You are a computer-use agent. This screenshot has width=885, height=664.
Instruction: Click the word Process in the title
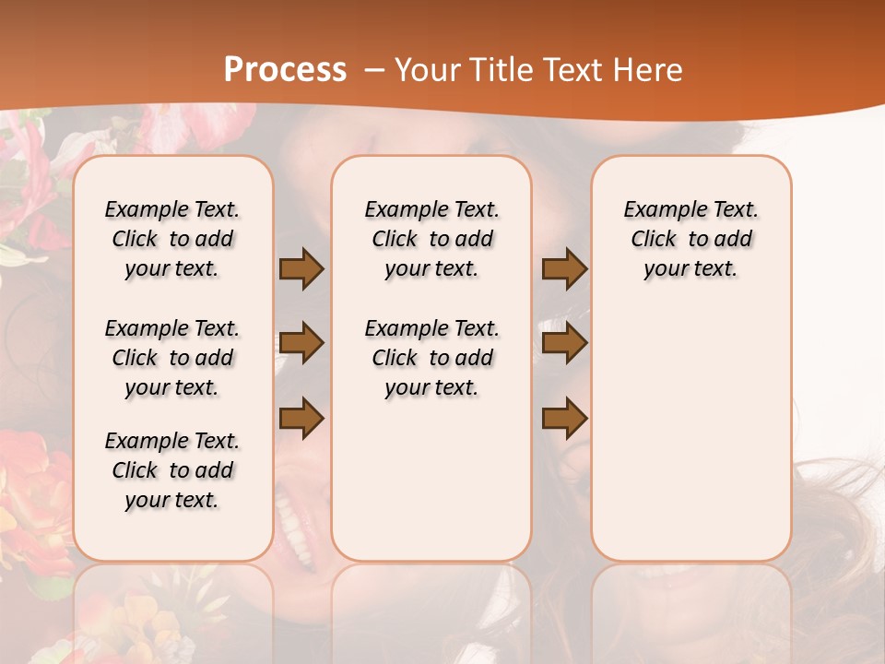(x=285, y=69)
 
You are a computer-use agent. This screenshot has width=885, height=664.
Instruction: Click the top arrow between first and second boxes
(x=301, y=268)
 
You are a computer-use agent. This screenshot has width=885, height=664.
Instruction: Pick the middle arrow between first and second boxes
(x=301, y=344)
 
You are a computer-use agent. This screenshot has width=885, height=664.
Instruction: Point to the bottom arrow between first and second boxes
(x=301, y=419)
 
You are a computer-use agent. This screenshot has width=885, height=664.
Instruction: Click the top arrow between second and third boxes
(x=564, y=268)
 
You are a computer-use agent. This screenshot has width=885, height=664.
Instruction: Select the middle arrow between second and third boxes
(x=564, y=344)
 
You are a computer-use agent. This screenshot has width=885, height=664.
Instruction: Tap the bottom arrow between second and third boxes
(x=564, y=419)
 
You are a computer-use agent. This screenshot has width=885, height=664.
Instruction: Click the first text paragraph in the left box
(x=172, y=239)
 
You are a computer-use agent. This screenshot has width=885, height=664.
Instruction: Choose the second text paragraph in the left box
(x=172, y=358)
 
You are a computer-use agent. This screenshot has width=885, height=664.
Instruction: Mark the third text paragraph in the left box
(x=172, y=470)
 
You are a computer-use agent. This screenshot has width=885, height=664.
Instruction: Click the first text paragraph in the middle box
(x=432, y=239)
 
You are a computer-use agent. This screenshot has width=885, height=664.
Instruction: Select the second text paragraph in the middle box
(x=432, y=358)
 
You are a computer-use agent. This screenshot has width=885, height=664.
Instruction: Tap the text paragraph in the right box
(x=691, y=239)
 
